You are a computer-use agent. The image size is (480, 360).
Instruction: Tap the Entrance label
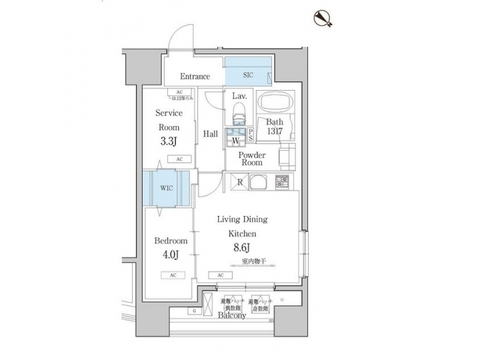[x=195, y=77]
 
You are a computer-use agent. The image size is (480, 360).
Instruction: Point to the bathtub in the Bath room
[x=276, y=104]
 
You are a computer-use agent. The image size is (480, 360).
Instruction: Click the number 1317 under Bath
[x=275, y=132]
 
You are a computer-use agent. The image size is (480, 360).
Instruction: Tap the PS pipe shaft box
[x=250, y=135]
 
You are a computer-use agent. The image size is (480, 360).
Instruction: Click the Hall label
[x=211, y=134]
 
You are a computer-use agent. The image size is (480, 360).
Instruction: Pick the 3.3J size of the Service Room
[x=169, y=141]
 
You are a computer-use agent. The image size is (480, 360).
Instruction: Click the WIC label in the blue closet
[x=166, y=188]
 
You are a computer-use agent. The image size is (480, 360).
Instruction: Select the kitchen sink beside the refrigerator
[x=259, y=181]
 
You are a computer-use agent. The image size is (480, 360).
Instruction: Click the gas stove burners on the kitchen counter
[x=282, y=181]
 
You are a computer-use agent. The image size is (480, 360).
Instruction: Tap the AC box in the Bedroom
[x=173, y=275]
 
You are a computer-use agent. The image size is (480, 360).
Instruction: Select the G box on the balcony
[x=193, y=311]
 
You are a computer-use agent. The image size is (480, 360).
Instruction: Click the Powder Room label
[x=251, y=158]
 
